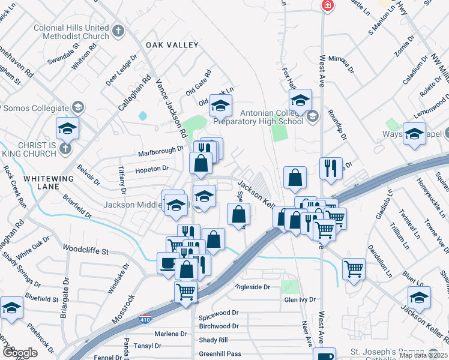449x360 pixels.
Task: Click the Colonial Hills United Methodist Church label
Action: [71, 31]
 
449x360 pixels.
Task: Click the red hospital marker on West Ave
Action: [327, 6]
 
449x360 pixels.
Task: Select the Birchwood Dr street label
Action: [218, 326]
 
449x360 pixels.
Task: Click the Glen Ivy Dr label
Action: [300, 299]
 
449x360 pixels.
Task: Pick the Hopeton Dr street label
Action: [148, 170]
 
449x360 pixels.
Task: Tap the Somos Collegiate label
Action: [36, 108]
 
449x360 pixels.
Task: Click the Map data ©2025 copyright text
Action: [424, 355]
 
